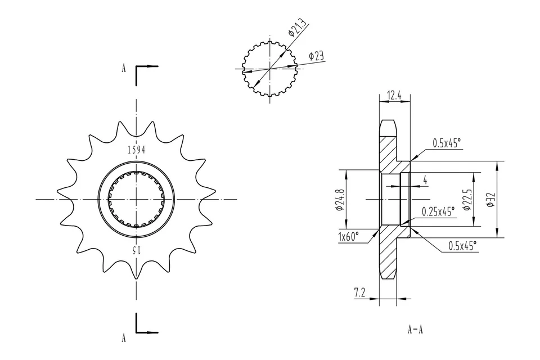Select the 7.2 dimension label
[361, 292]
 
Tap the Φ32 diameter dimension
[490, 200]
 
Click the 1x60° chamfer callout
[349, 237]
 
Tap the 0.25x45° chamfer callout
[439, 211]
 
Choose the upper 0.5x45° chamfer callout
[447, 143]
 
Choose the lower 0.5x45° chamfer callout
[462, 245]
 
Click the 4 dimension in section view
[425, 181]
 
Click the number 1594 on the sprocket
[136, 150]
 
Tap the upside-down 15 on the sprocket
[136, 249]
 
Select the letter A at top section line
[123, 69]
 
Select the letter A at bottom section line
[123, 337]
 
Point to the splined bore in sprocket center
[136, 199]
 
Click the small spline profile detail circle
[271, 69]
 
